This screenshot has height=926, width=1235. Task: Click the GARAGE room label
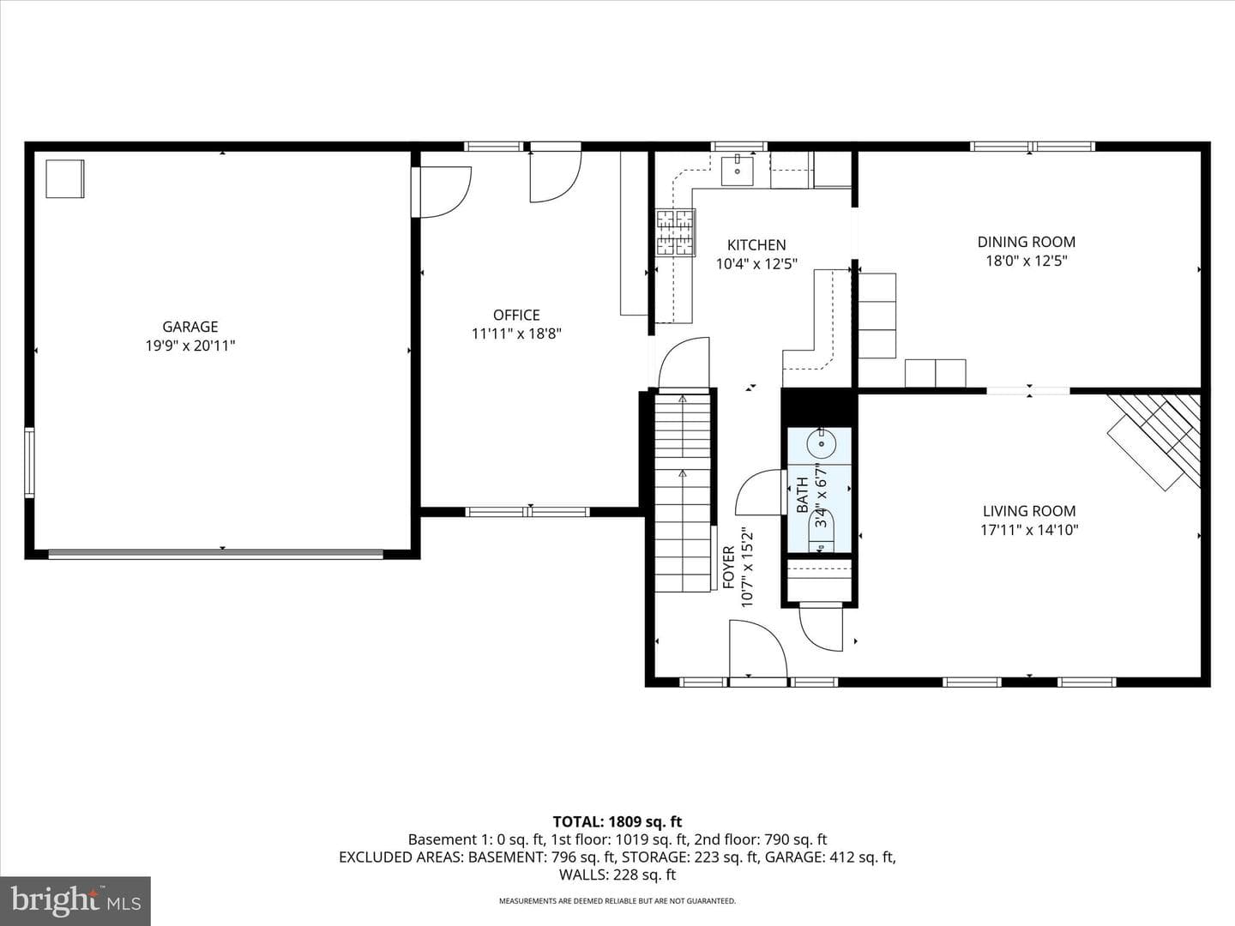point(190,327)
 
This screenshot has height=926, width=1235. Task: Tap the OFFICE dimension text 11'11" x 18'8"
point(516,334)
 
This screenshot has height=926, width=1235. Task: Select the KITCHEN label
point(756,245)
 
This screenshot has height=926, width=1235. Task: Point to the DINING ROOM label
point(1027,243)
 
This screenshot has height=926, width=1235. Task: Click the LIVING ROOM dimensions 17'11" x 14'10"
point(1029,530)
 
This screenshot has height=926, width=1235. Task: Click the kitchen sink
point(737,171)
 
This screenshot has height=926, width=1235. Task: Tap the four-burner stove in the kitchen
point(675,232)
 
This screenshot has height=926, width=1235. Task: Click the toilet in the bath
point(821,532)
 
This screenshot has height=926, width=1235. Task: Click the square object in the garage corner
point(64,179)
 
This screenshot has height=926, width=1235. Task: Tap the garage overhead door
point(215,555)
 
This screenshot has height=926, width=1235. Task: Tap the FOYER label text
point(729,568)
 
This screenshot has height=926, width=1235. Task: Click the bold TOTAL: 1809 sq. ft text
point(617,822)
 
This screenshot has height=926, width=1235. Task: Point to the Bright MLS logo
point(75,900)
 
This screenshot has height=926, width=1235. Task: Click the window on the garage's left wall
point(28,463)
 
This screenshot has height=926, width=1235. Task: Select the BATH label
point(803,495)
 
